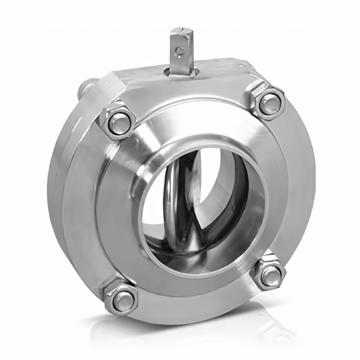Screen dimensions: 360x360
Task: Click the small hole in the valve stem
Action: click(179, 50)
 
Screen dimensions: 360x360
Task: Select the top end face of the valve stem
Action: click(182, 31)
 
